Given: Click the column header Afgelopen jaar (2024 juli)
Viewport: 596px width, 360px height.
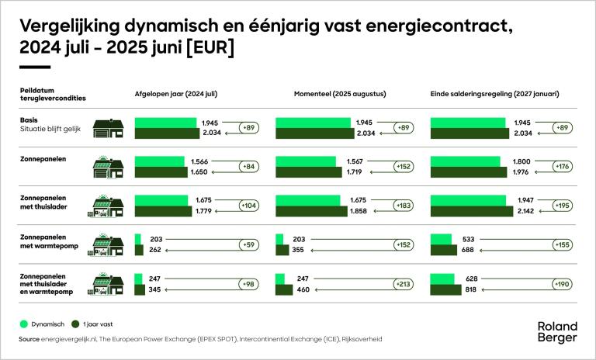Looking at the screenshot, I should (x=176, y=94).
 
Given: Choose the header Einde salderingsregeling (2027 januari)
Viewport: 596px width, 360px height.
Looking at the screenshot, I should (x=494, y=94).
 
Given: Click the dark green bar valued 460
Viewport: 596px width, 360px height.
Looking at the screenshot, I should (x=283, y=289).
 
